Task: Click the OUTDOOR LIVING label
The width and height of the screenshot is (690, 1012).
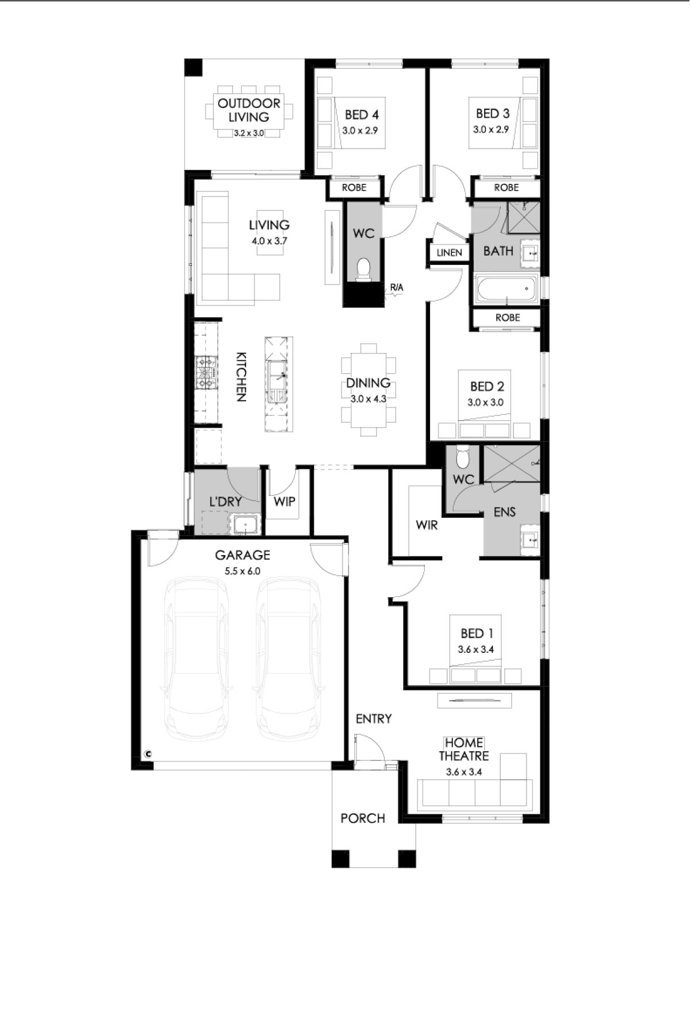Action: [249, 110]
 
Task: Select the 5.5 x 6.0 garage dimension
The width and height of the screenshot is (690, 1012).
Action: [242, 571]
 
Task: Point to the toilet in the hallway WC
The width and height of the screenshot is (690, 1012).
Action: [363, 270]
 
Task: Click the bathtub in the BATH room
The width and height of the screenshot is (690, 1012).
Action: [505, 289]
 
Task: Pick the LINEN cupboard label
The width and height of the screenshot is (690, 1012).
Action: [449, 252]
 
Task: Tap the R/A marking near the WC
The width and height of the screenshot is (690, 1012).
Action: [397, 287]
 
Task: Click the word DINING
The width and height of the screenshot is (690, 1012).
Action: [368, 383]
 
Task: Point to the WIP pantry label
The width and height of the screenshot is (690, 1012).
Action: [284, 501]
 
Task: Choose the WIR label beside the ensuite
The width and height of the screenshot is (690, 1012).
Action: [427, 525]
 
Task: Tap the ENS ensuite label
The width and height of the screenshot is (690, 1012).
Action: [505, 511]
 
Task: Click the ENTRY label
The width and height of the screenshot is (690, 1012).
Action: [374, 718]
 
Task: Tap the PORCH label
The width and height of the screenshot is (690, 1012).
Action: [363, 818]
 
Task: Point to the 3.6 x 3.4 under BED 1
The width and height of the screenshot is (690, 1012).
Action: [476, 650]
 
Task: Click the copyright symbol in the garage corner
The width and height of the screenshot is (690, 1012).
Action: [148, 753]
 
